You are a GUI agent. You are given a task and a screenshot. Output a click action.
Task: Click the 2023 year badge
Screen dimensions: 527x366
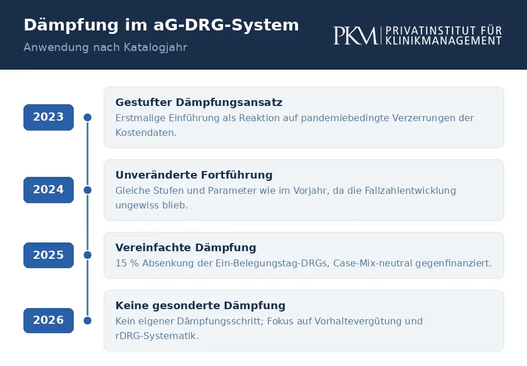coord(49,117)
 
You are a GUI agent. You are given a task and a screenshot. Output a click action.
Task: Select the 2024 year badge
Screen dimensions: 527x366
coord(49,190)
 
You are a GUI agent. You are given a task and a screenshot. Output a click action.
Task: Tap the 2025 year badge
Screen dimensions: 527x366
coord(49,255)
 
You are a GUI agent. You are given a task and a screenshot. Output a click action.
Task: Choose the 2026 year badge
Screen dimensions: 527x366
coord(49,320)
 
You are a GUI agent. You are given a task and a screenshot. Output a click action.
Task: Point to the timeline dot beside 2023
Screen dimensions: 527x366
coord(87,117)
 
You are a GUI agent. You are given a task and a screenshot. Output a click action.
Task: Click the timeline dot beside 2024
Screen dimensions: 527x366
coord(87,190)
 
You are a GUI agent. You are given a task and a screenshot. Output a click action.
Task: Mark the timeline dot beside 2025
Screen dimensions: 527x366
coord(87,255)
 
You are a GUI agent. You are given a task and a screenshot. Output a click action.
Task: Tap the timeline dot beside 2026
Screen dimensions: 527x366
coord(87,321)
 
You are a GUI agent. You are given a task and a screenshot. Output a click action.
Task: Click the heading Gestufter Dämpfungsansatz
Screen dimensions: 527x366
coord(199,102)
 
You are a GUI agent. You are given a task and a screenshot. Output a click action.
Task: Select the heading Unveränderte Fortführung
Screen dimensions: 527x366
coord(194,175)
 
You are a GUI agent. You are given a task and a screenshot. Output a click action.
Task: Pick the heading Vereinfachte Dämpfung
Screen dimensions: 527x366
coord(186,247)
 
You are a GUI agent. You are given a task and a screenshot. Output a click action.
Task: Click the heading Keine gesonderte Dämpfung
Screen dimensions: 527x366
coord(200,306)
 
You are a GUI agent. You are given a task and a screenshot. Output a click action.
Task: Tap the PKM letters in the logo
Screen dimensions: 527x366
coord(355,36)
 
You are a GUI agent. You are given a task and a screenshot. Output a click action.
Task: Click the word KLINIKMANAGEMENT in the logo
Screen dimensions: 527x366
coord(443,40)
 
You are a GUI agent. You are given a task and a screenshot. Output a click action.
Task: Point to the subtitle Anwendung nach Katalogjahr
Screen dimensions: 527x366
coord(105,47)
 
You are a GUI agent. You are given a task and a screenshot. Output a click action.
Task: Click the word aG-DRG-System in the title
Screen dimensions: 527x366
coord(226,25)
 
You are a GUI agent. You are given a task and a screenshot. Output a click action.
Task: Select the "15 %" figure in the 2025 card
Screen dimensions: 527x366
coord(127,263)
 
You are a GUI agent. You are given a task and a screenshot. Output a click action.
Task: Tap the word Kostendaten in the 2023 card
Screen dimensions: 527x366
coord(146,133)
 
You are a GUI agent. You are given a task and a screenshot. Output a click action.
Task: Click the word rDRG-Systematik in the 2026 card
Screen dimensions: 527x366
coord(157,336)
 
